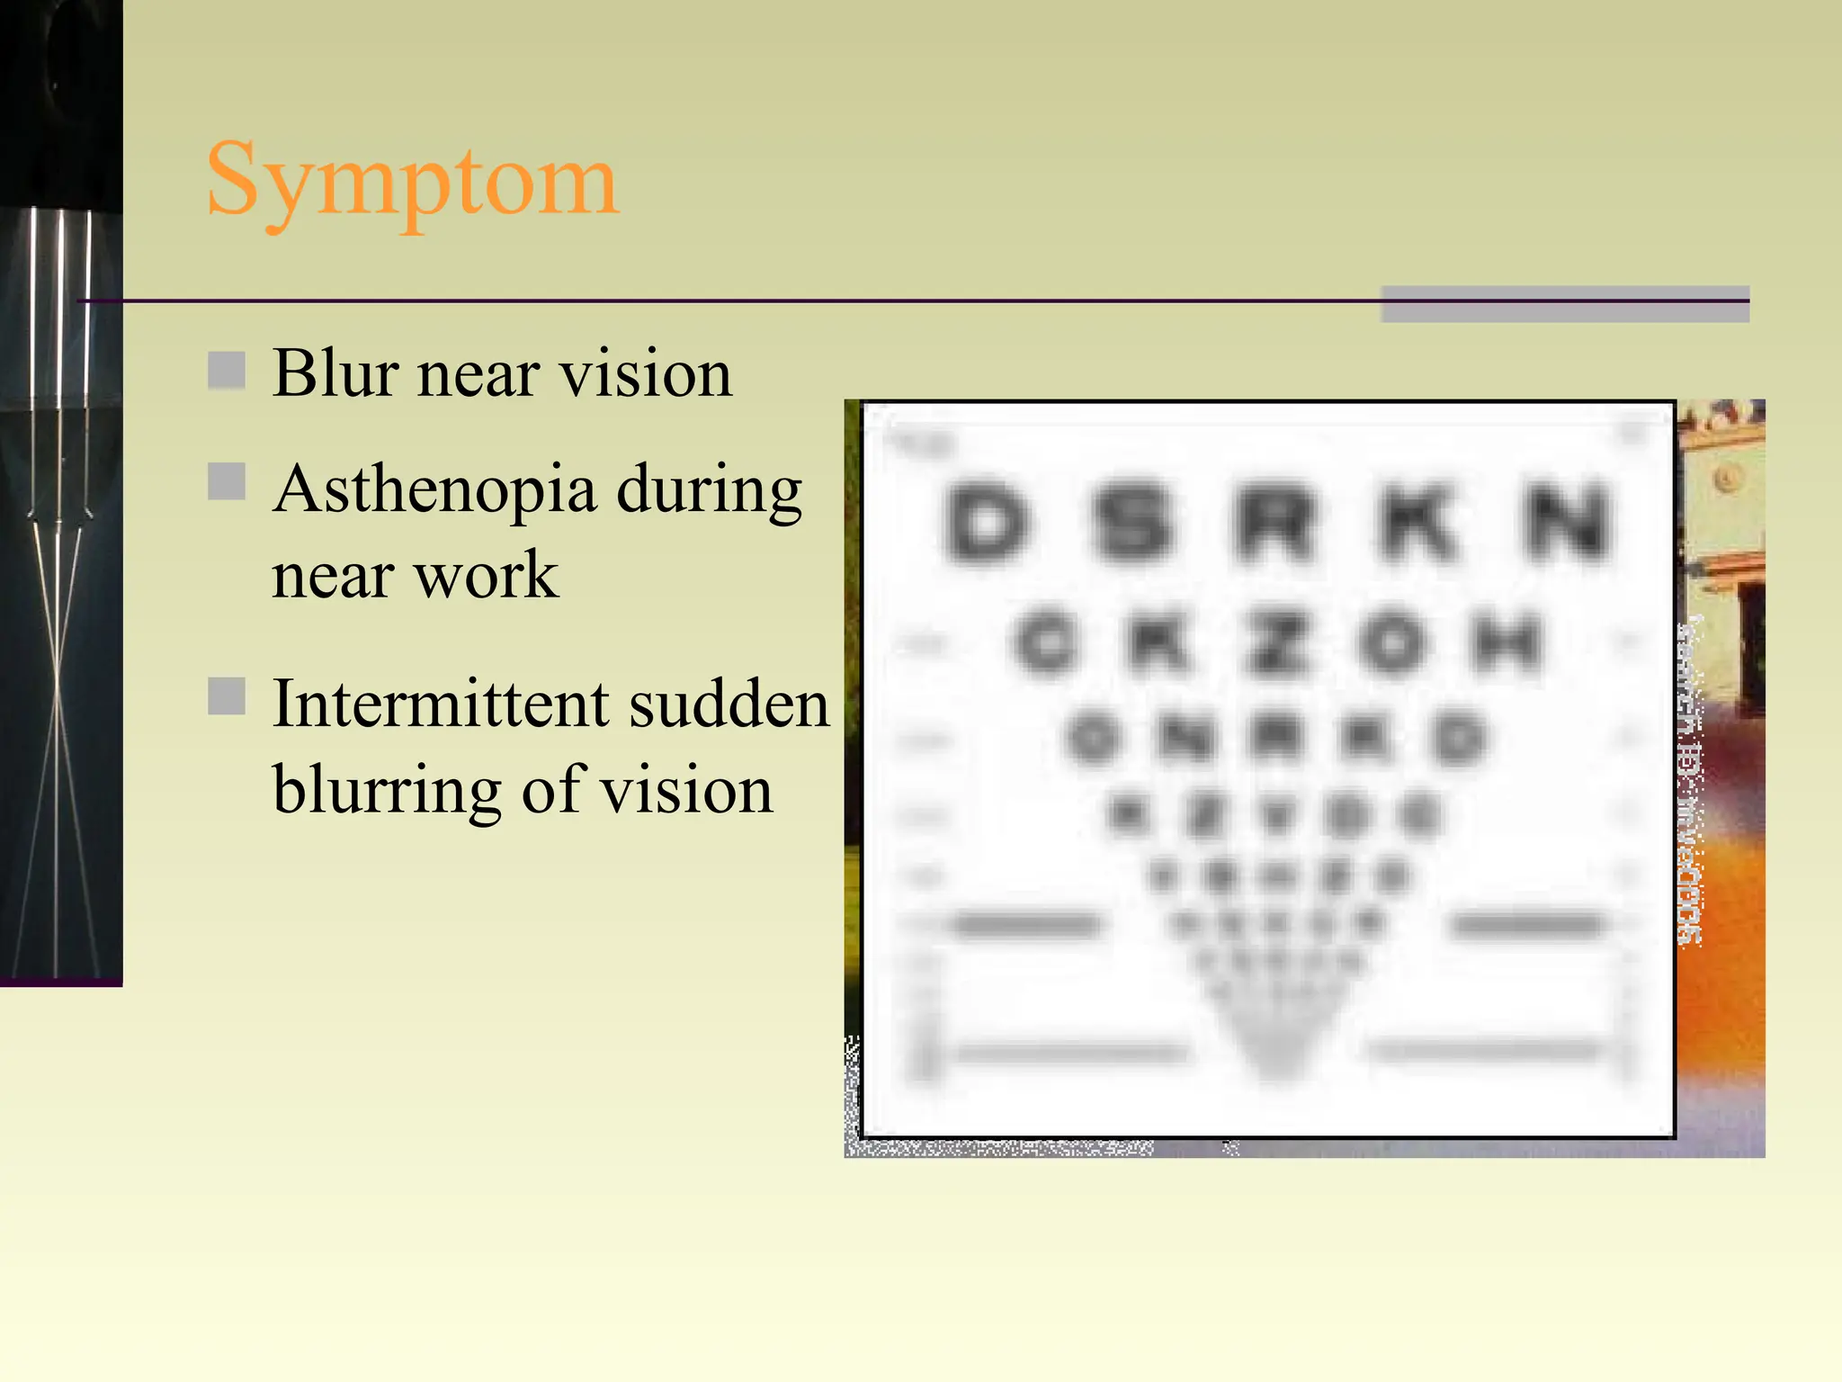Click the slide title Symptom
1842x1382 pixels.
pyautogui.click(x=412, y=182)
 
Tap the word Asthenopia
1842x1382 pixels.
pyautogui.click(x=435, y=490)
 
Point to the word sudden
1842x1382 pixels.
pyautogui.click(x=729, y=704)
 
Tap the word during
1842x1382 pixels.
pyautogui.click(x=709, y=490)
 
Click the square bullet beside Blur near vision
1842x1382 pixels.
pyautogui.click(x=227, y=370)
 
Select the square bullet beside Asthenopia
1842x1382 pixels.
pyautogui.click(x=227, y=481)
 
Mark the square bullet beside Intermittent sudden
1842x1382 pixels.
pyautogui.click(x=227, y=695)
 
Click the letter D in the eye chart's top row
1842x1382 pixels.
pyautogui.click(x=987, y=522)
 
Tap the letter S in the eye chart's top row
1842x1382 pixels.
pyautogui.click(x=1131, y=522)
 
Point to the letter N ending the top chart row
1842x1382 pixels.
pyautogui.click(x=1565, y=522)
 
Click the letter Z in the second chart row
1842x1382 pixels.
pyautogui.click(x=1274, y=642)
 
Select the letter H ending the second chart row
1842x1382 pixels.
pyautogui.click(x=1507, y=642)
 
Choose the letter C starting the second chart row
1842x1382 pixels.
pyautogui.click(x=1044, y=642)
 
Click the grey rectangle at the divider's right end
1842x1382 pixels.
pyautogui.click(x=1565, y=304)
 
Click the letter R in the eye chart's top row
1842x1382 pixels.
pyautogui.click(x=1274, y=522)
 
